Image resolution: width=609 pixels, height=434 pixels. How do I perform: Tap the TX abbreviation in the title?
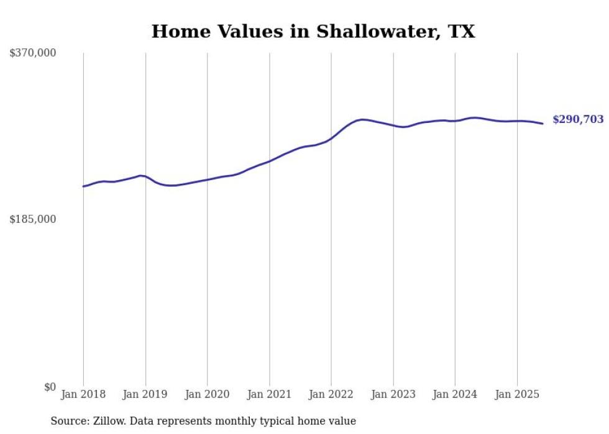tap(460, 32)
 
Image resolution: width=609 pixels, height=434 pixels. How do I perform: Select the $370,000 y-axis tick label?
tap(33, 53)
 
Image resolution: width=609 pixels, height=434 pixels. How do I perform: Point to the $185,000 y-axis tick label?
tap(33, 219)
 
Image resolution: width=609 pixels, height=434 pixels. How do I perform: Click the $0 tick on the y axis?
tap(50, 387)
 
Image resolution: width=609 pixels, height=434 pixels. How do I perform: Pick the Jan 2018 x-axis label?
tap(83, 394)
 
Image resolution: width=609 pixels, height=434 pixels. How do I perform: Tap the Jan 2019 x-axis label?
tap(145, 394)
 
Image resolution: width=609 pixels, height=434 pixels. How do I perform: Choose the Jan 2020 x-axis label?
tap(207, 394)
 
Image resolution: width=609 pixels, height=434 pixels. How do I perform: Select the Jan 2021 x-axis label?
tap(269, 394)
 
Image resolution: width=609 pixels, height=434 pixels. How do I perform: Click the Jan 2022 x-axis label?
tap(331, 394)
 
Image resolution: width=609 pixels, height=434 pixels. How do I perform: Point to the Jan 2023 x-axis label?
tap(393, 394)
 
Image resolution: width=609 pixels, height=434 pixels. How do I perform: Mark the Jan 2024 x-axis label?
tap(455, 394)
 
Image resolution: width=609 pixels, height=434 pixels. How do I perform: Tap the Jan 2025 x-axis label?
tap(516, 394)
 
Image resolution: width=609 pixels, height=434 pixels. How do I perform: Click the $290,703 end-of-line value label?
tap(578, 120)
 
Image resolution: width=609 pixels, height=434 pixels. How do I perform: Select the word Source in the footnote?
tap(68, 422)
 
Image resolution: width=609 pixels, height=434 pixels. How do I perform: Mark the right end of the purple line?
tap(543, 124)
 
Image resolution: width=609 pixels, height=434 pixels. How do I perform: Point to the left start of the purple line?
tap(83, 186)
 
